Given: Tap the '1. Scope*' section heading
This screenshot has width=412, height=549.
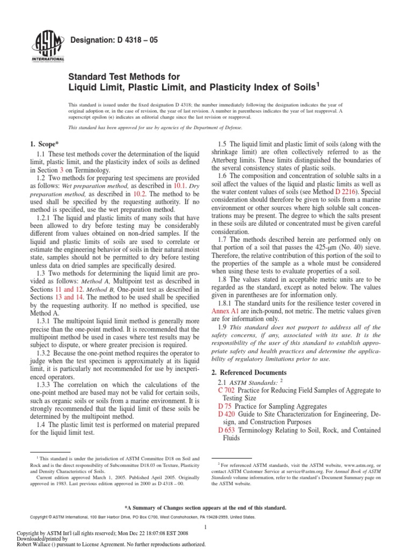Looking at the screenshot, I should click(x=43, y=144).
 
